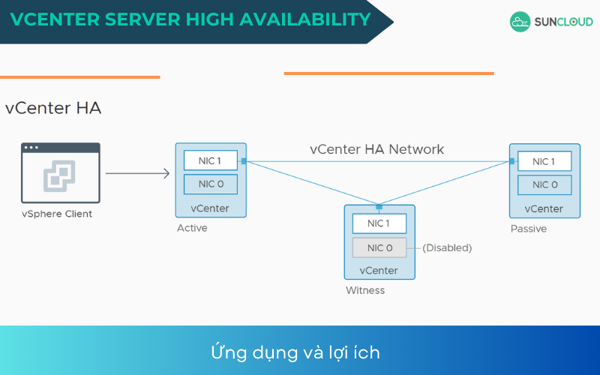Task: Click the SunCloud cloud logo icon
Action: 520,22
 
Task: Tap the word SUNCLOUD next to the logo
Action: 562,22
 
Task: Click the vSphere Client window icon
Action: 60,172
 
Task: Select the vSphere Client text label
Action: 57,214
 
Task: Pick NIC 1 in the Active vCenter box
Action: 210,160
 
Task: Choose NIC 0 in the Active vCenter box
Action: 210,184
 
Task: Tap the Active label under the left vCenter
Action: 192,228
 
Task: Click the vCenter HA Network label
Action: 376,149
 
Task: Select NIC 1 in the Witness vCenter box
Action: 379,223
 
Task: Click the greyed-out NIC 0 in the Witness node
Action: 379,247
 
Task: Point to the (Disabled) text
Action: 447,247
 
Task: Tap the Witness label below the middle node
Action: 364,290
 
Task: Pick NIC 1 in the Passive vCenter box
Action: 544,161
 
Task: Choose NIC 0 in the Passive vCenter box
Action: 544,184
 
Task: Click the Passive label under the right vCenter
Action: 529,229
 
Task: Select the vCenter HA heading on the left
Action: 53,108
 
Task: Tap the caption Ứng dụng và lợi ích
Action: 295,352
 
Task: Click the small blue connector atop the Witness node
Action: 379,206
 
